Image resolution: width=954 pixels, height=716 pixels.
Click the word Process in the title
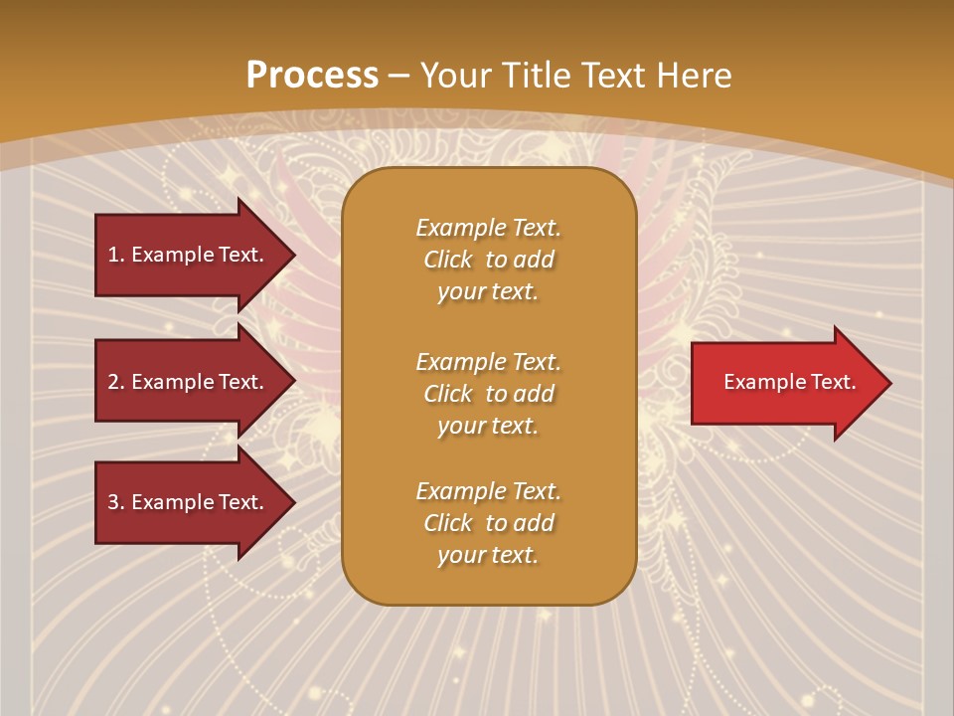point(312,75)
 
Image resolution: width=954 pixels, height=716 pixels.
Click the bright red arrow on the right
point(785,383)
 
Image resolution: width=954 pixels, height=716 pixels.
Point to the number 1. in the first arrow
point(116,255)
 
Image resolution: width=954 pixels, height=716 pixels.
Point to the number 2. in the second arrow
point(116,382)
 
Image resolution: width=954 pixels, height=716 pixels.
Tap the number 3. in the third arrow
point(116,502)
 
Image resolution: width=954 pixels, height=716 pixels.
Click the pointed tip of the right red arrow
point(887,383)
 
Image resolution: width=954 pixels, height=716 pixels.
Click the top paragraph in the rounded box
point(488,260)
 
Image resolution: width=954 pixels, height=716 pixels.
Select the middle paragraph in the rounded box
point(488,394)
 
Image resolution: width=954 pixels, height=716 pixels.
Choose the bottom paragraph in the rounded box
point(488,523)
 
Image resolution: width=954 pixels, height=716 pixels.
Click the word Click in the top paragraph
point(447,260)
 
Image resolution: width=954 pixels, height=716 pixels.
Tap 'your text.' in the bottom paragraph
point(488,555)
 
